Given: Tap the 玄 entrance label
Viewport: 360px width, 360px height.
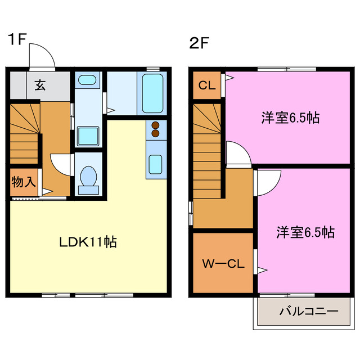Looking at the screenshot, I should click(40, 85).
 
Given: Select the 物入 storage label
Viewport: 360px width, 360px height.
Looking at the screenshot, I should click(24, 182).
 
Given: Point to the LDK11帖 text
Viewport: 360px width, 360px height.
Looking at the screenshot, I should click(88, 242).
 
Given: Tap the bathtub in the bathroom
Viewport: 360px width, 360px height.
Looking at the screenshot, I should click(152, 92).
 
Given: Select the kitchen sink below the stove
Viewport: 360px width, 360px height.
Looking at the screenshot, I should click(156, 164).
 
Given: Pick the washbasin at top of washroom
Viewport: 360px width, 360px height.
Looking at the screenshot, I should click(87, 80).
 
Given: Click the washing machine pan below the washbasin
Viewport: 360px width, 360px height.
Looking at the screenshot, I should click(87, 136).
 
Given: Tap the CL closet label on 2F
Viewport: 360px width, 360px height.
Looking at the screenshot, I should click(206, 86).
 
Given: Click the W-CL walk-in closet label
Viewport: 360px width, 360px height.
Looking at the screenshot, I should click(223, 263).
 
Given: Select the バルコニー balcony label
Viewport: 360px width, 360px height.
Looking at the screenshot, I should click(308, 310).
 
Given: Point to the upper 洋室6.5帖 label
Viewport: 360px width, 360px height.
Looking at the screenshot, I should click(290, 118).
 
